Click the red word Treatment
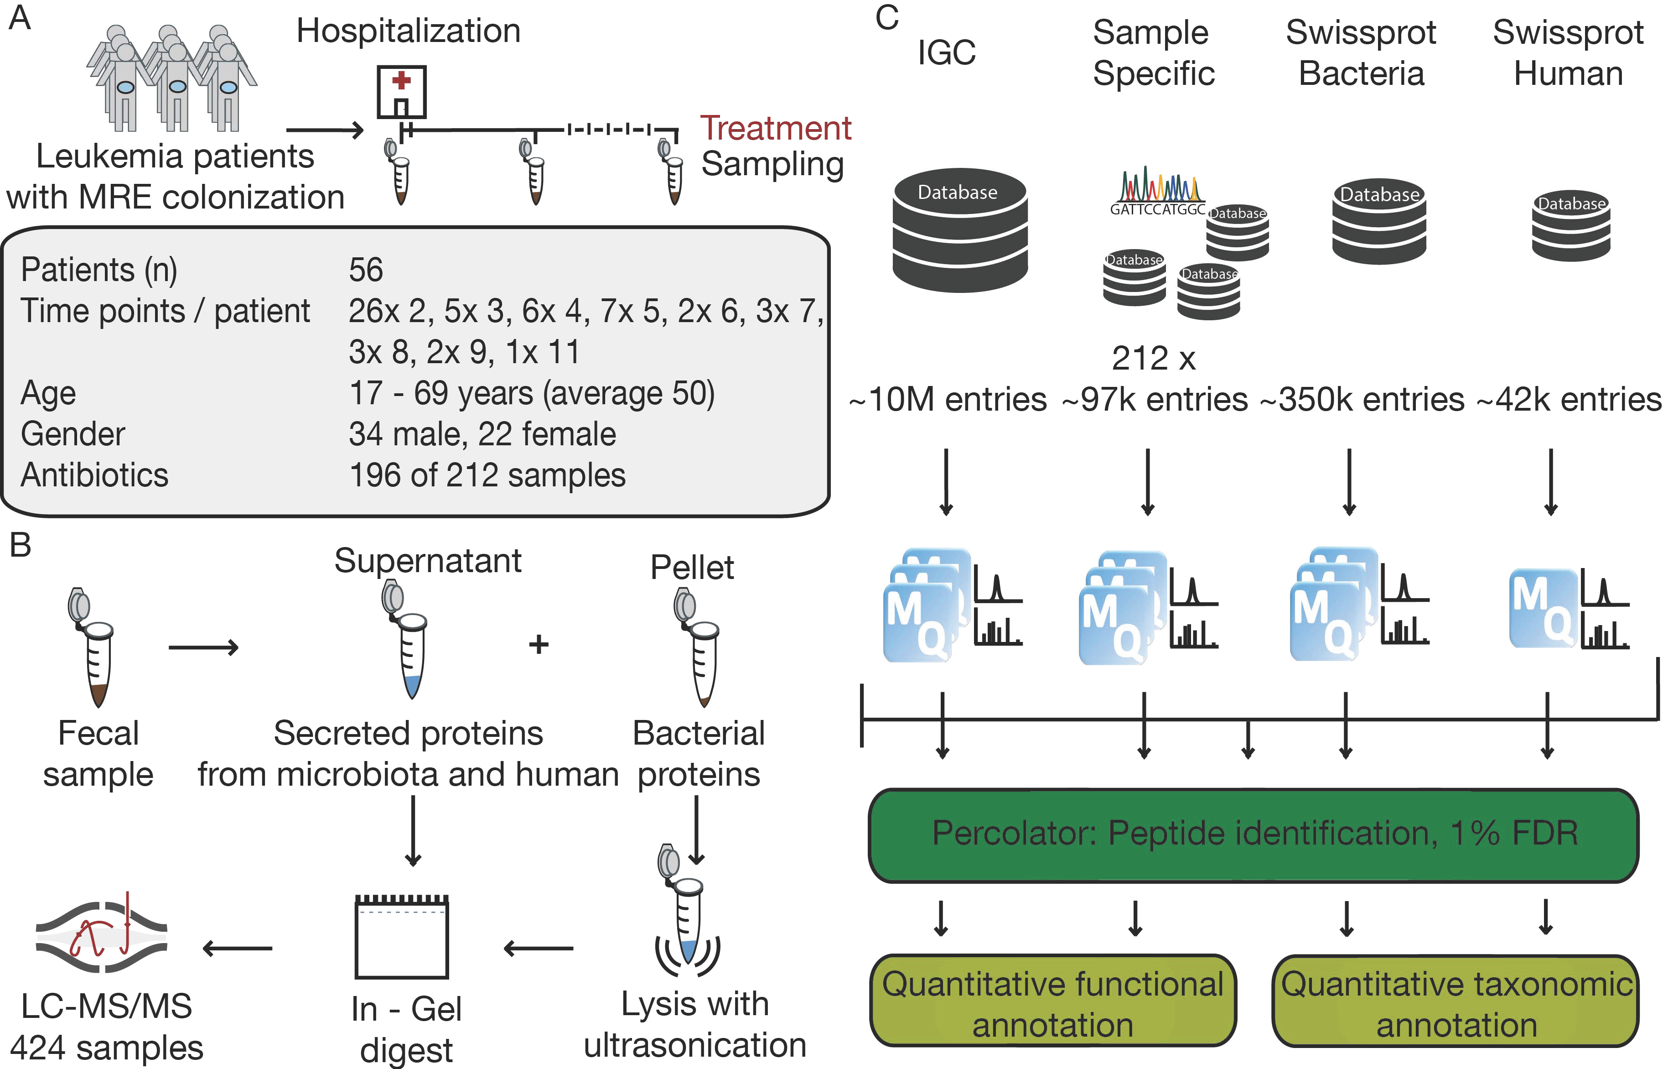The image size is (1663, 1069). click(x=775, y=128)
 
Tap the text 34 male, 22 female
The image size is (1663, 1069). click(x=482, y=434)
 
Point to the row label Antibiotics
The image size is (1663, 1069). click(x=94, y=475)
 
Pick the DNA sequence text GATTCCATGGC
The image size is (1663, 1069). click(x=1156, y=209)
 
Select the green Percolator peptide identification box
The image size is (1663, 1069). click(x=1253, y=835)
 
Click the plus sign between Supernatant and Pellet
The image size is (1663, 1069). click(x=539, y=645)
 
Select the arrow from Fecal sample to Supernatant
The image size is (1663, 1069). click(x=203, y=647)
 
